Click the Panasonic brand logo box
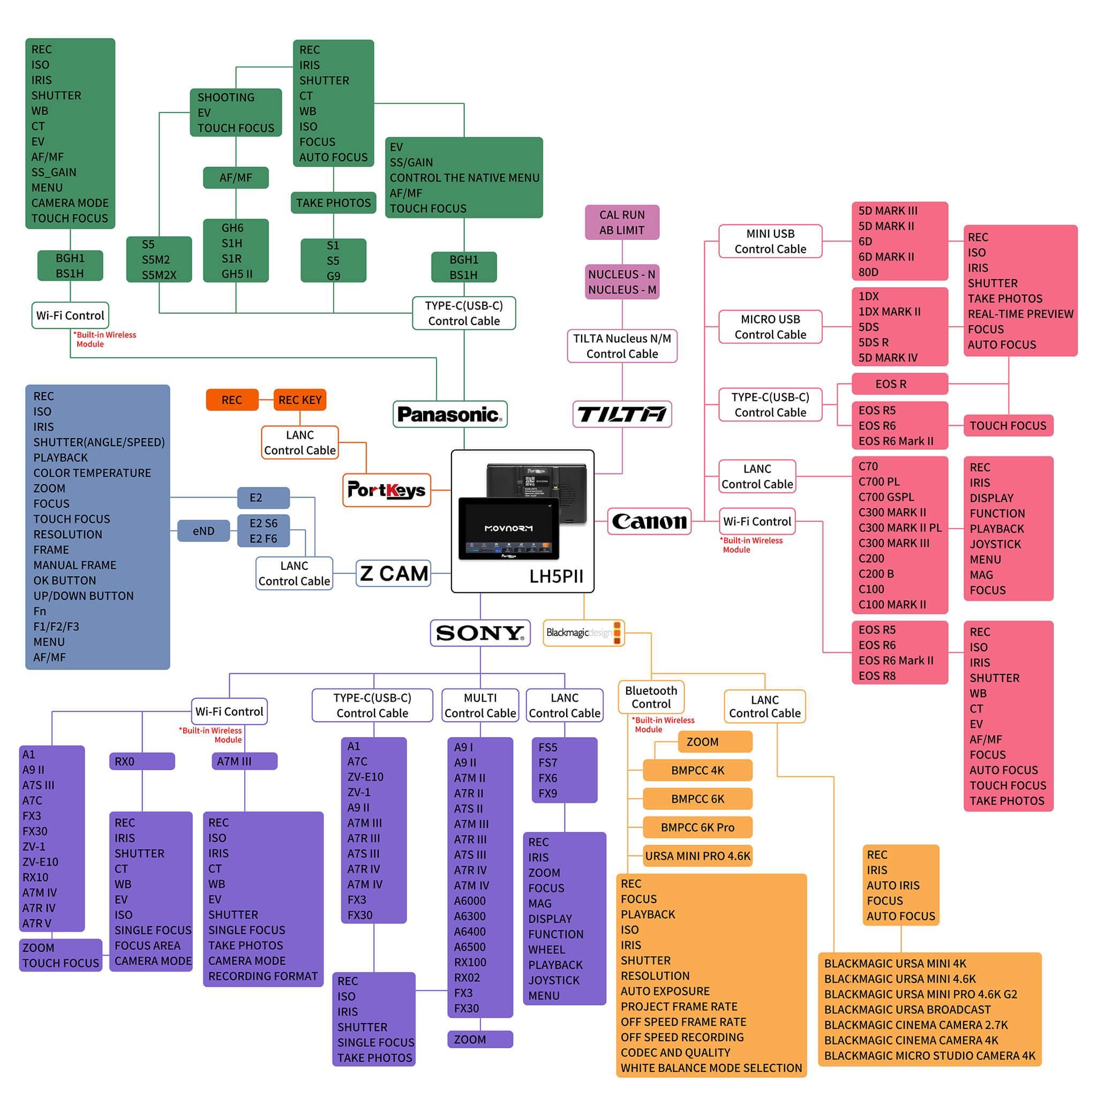[x=450, y=414]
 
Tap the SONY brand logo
[x=480, y=633]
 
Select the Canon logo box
[x=649, y=521]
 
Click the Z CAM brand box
[x=394, y=573]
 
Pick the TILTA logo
[x=622, y=414]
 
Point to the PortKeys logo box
[x=387, y=490]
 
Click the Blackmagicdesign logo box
[x=584, y=633]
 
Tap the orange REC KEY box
[x=300, y=400]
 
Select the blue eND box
[x=203, y=531]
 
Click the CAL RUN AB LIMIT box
[x=622, y=223]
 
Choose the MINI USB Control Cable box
[x=770, y=242]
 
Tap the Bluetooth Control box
[x=651, y=697]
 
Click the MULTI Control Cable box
[x=480, y=705]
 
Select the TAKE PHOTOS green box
[x=333, y=202]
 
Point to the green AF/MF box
[x=236, y=178]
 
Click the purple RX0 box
[x=142, y=761]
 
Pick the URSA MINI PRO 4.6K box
[x=698, y=855]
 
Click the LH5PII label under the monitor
[x=556, y=576]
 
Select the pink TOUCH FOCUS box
[x=1008, y=425]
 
